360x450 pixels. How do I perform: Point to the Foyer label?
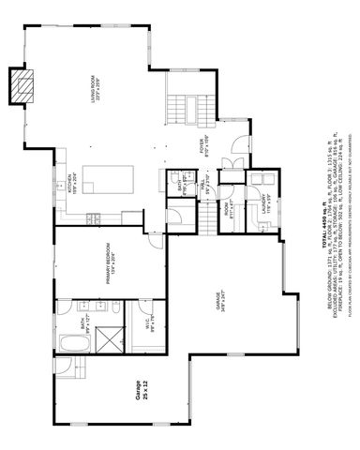[203, 147]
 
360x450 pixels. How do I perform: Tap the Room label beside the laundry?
[225, 203]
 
